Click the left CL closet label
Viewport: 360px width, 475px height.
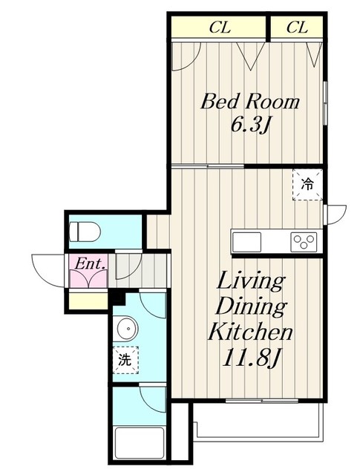(x=220, y=27)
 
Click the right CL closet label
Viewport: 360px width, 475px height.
(x=297, y=27)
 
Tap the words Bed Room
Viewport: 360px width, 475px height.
(x=250, y=102)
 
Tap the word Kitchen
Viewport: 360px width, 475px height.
(x=250, y=331)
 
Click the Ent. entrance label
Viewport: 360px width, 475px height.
(x=90, y=264)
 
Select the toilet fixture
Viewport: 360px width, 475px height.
(x=85, y=232)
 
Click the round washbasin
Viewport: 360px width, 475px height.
(x=128, y=328)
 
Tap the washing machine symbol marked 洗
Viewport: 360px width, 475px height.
(x=125, y=360)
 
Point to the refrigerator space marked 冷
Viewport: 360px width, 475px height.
(x=307, y=185)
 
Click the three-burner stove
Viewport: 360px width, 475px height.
(x=304, y=242)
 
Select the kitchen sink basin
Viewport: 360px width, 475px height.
(x=246, y=242)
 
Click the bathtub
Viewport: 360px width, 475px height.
(x=140, y=443)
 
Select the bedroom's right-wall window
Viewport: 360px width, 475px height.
(x=325, y=102)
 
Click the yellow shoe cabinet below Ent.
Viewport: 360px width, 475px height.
(x=88, y=301)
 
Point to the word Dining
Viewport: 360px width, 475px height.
(x=251, y=307)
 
